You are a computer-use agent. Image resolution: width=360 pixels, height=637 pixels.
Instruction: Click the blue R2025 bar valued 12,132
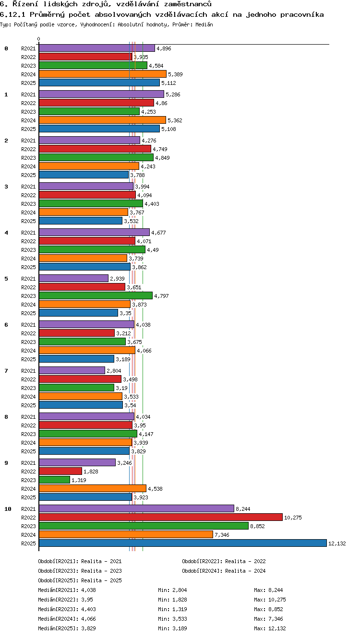pos(183,543)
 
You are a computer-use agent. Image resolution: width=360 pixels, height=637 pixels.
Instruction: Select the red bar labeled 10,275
pos(161,517)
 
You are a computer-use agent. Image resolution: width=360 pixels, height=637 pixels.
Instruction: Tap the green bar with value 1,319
pos(54,480)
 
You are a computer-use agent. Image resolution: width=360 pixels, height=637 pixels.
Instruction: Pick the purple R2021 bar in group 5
pos(74,278)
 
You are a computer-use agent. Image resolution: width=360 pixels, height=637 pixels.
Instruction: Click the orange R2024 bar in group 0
pos(103,74)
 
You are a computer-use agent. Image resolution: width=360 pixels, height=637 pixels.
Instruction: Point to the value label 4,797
pos(161,296)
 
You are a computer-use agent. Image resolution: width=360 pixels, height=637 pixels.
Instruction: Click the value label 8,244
pos(243,509)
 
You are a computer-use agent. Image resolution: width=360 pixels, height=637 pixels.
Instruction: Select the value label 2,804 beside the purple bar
pos(114,371)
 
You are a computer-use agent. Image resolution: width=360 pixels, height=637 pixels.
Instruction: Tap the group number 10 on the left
pos(8,509)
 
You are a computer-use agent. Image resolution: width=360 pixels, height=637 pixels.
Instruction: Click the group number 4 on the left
pos(6,233)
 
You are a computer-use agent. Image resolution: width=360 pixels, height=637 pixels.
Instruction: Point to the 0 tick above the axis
pos(39,39)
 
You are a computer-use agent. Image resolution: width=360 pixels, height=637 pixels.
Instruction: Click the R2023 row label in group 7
pos(28,388)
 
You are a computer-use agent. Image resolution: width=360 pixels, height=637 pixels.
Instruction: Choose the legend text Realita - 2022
pos(245,561)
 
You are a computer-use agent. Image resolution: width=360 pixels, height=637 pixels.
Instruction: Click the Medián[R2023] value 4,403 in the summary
pos(88,609)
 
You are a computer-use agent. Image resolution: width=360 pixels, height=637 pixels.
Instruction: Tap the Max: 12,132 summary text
pos(270,628)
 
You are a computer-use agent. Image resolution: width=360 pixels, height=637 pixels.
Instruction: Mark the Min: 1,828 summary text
pos(172,600)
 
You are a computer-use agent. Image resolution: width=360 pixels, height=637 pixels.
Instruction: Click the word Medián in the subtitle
pos(204,24)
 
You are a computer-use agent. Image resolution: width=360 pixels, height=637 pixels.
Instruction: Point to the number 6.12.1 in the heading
pos(12,14)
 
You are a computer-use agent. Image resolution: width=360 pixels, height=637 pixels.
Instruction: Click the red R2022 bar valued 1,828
pos(60,471)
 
